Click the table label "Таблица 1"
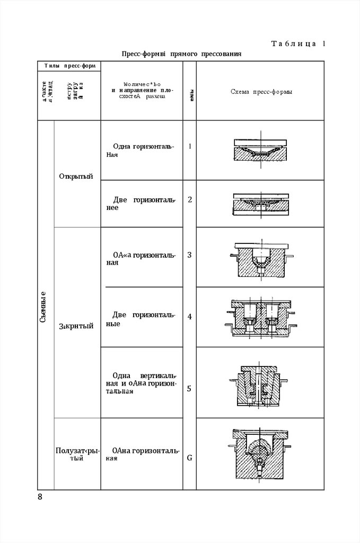point(298,43)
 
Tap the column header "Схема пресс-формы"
point(262,92)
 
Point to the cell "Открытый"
point(77,177)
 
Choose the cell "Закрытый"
point(76,326)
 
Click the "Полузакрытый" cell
point(77,454)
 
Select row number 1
point(189,146)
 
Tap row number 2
point(189,200)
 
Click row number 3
point(189,255)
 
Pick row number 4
point(189,317)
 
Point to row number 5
point(189,389)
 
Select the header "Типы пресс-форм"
point(69,66)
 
